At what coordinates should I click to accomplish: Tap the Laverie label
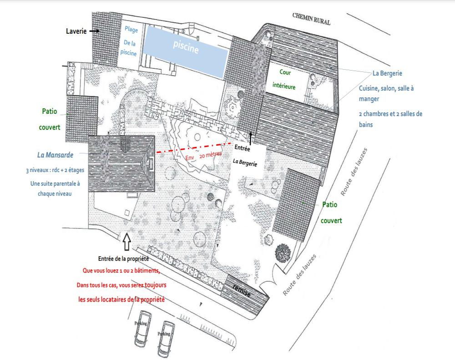tap(76, 31)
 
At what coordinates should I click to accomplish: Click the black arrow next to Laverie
tap(94, 31)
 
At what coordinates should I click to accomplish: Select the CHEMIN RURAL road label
tap(311, 19)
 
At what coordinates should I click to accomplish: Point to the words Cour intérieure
tap(284, 79)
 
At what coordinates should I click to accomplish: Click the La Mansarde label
tap(55, 155)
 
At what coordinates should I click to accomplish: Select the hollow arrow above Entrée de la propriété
tap(127, 242)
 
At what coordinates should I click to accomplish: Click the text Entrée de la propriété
tap(123, 259)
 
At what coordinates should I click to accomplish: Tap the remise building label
tap(242, 290)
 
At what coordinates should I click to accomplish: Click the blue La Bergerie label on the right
tap(387, 73)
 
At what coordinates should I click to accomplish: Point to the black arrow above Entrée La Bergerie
tap(251, 137)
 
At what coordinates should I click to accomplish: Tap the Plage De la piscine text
tap(129, 41)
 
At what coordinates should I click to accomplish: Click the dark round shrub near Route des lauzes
tap(283, 253)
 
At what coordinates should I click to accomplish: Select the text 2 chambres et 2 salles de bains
tap(390, 119)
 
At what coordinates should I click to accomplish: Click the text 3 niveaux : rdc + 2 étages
tap(55, 170)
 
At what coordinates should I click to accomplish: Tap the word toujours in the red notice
tap(155, 285)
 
